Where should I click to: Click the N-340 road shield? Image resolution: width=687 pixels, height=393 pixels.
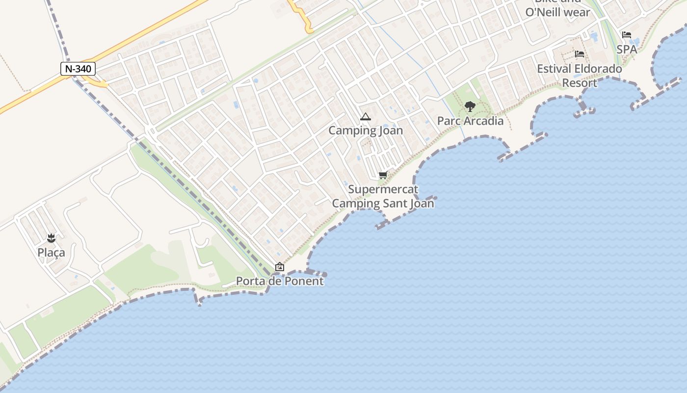click(x=78, y=69)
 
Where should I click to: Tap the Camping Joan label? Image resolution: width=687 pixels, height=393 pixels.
click(x=366, y=131)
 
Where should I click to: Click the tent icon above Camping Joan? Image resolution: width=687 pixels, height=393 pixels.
click(x=365, y=117)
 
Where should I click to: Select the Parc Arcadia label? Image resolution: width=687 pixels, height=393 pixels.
click(x=470, y=121)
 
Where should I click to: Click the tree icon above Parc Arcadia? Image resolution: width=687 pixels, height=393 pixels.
click(x=470, y=106)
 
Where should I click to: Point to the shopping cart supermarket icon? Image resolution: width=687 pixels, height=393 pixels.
click(x=383, y=175)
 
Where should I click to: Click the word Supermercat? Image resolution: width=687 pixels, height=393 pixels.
click(x=383, y=189)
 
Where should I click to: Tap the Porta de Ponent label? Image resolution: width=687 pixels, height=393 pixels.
click(x=280, y=281)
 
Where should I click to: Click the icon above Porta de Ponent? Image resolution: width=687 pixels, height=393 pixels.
click(x=280, y=267)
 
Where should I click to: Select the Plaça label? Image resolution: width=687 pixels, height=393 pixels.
click(x=51, y=253)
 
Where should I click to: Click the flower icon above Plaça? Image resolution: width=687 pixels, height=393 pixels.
click(x=51, y=239)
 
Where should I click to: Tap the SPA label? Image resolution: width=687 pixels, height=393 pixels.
click(x=627, y=50)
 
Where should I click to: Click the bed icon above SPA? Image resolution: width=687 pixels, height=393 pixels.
click(x=627, y=35)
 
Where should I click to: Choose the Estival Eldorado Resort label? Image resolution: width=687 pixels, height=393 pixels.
click(x=580, y=76)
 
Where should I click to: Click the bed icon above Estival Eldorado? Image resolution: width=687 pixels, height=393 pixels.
click(x=580, y=54)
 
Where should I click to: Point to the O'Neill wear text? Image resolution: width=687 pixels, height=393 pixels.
click(x=558, y=12)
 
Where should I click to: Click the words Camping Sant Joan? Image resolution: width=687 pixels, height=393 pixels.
click(x=383, y=203)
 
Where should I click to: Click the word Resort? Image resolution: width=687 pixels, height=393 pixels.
click(x=580, y=83)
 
